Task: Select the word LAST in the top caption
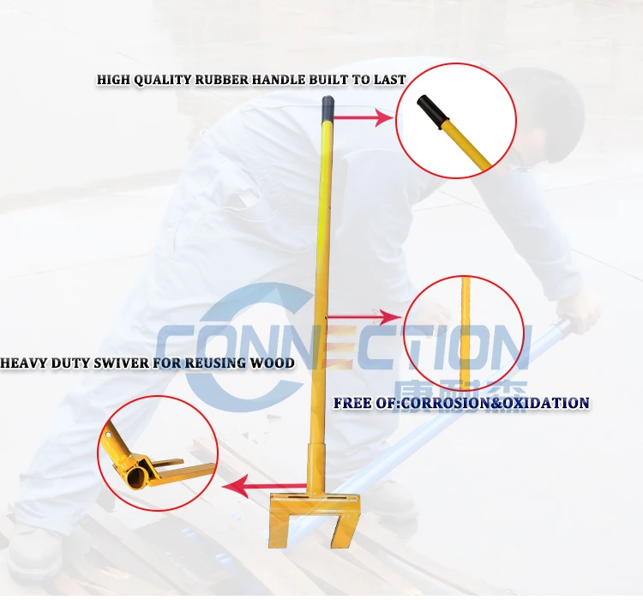coord(390,80)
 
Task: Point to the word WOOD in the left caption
coord(273,363)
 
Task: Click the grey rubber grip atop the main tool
coord(326,108)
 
